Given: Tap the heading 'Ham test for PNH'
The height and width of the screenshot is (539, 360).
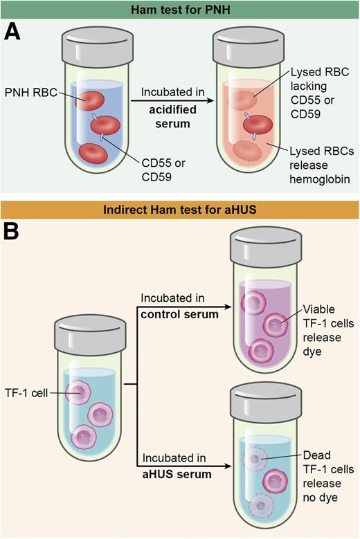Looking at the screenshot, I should (179, 10).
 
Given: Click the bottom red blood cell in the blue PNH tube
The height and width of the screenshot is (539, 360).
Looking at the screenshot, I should (96, 152).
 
